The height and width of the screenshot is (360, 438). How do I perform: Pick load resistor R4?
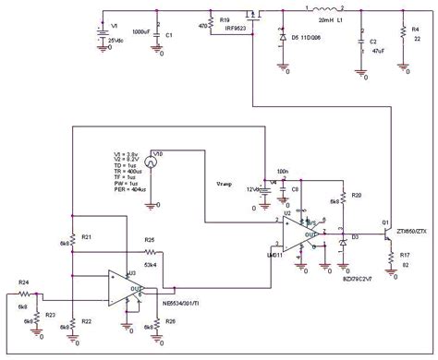pyautogui.click(x=404, y=34)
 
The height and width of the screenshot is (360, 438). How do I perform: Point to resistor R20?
pyautogui.click(x=343, y=198)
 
